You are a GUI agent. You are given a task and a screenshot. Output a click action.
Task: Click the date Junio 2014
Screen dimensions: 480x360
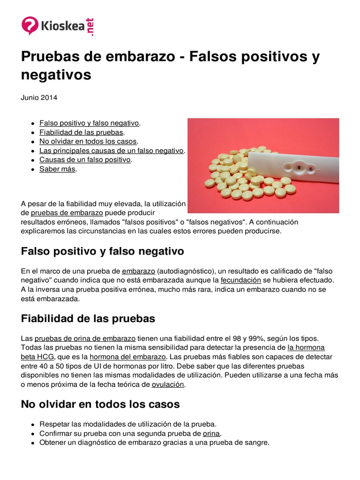[x=39, y=97]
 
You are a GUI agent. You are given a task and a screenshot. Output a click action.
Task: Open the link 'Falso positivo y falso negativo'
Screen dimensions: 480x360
[x=89, y=123]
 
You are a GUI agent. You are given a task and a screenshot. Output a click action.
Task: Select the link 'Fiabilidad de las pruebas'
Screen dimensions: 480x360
[x=81, y=132]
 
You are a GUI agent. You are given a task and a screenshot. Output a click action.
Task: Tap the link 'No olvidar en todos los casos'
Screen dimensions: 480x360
[x=88, y=141]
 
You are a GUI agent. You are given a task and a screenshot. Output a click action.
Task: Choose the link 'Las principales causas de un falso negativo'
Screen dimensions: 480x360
[x=112, y=150]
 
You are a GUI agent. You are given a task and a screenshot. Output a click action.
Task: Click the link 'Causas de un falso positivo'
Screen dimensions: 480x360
[x=85, y=159]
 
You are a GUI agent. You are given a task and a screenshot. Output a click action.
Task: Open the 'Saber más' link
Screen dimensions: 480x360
[x=57, y=169]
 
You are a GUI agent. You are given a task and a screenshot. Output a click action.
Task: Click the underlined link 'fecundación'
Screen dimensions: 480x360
[x=240, y=280]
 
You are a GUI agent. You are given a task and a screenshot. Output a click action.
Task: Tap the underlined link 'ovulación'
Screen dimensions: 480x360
[x=168, y=384]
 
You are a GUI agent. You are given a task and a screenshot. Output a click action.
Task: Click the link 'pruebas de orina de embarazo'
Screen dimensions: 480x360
[x=85, y=338]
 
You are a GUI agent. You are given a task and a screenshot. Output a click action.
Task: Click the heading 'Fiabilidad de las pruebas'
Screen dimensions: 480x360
[x=88, y=319]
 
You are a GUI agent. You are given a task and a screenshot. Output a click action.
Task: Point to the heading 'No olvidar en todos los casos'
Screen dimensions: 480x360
[x=100, y=404]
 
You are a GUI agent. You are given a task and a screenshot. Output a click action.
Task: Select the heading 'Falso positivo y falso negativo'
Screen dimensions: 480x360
[x=102, y=251]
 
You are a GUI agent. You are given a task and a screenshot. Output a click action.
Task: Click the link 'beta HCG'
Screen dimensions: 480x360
[x=39, y=357]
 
